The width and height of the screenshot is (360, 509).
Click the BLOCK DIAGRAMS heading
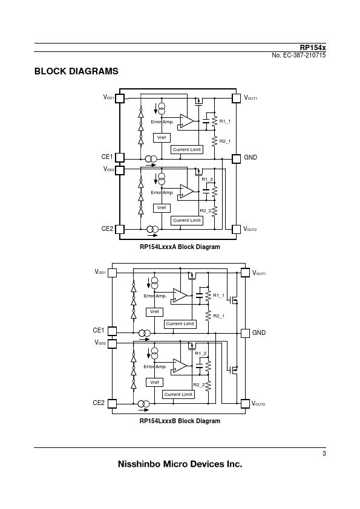tap(76, 71)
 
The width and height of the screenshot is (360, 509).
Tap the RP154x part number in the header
tap(313, 48)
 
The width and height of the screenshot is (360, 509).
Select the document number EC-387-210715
tap(304, 55)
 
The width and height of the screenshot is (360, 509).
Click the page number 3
tap(324, 453)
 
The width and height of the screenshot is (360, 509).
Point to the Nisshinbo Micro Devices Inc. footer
tap(180, 464)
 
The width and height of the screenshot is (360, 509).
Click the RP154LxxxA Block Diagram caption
tap(180, 247)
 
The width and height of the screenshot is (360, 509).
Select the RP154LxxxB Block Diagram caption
tap(180, 421)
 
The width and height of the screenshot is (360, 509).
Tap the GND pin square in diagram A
tap(236, 159)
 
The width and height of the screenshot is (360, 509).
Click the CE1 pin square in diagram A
tap(120, 157)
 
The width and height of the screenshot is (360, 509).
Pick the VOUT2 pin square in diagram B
tap(245, 403)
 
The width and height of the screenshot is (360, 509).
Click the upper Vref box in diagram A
tap(162, 138)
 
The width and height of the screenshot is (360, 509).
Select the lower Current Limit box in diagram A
tap(187, 221)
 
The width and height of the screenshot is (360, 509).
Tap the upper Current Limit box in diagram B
tap(180, 324)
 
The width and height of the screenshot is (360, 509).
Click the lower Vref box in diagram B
tap(154, 383)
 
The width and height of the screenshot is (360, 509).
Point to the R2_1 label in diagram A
tap(225, 141)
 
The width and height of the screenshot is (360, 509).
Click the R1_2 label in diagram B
tap(201, 353)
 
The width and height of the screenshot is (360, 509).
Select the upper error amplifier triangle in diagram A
tap(187, 121)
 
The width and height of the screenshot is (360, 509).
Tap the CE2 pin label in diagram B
tap(99, 403)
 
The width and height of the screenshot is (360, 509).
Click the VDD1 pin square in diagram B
tap(112, 273)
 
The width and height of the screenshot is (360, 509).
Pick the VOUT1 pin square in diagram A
tap(236, 98)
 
